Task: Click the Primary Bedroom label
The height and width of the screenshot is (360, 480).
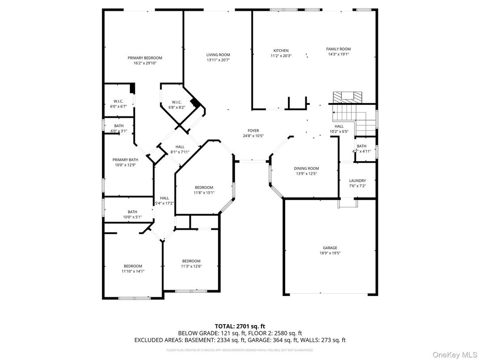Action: coord(145,58)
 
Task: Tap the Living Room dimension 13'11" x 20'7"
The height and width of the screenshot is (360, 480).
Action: coord(218,60)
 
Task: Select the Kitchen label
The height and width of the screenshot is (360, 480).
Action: coord(281,51)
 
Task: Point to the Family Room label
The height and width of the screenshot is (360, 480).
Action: coord(338,49)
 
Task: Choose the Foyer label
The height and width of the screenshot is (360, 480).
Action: coord(253,130)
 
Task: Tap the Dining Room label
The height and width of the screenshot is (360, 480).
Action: coord(306,168)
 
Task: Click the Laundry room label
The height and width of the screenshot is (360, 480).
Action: coord(357,180)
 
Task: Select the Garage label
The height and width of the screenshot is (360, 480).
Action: coord(330,248)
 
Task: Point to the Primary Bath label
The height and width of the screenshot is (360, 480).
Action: coord(125,159)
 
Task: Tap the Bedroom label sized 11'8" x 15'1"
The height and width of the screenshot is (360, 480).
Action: coord(204,187)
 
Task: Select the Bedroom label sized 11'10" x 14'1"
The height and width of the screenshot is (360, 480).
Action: coord(133,266)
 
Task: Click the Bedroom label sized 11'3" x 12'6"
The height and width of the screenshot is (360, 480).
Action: coord(191,261)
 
